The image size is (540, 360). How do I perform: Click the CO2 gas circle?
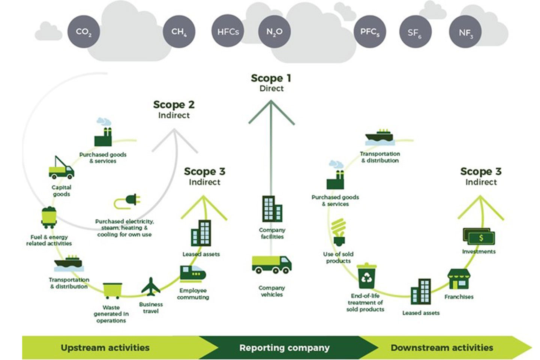coord(84,32)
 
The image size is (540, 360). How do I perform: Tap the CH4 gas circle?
coord(179,32)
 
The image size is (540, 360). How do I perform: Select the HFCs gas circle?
coord(228,32)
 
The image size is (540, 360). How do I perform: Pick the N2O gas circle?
coord(274,32)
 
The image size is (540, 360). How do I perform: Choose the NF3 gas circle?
coord(465,33)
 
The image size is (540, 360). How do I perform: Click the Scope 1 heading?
coord(271,78)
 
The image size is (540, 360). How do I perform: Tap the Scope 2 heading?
coord(174,105)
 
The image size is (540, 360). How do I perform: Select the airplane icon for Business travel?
coord(151,287)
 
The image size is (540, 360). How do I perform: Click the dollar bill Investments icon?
coord(479,237)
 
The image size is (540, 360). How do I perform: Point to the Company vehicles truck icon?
coord(271,264)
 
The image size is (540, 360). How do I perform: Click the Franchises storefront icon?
coord(459,279)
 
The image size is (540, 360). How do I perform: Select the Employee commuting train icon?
coord(192,274)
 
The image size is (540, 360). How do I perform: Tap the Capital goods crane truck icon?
coord(61,168)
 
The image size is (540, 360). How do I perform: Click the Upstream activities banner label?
coord(105,348)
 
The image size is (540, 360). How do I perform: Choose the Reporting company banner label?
coord(284,348)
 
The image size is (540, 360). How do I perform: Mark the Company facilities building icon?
coord(272,209)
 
